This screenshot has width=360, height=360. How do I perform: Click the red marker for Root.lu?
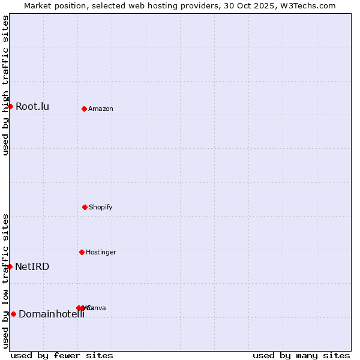tap(10, 106)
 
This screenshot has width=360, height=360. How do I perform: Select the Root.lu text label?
tap(32, 107)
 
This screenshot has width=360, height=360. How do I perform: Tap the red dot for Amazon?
tap(84, 109)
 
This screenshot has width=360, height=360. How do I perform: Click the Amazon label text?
tap(101, 109)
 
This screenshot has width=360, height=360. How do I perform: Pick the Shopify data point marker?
tap(85, 207)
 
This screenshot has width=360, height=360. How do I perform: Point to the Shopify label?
tap(101, 208)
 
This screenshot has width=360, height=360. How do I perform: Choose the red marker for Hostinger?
tap(82, 252)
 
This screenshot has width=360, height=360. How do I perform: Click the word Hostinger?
tap(101, 253)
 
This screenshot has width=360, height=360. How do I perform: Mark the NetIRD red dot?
tap(10, 266)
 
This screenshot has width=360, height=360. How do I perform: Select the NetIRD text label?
tap(32, 267)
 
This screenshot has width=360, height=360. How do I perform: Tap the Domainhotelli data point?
tap(13, 314)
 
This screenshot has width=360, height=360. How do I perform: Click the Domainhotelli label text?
tap(52, 314)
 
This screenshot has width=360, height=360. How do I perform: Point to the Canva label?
tap(97, 308)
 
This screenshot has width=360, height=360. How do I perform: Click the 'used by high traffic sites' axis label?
tap(5, 86)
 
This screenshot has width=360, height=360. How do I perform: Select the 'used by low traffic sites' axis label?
tap(5, 281)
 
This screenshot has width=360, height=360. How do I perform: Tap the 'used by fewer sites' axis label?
tap(62, 356)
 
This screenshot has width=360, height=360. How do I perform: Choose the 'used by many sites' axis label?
tap(301, 356)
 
